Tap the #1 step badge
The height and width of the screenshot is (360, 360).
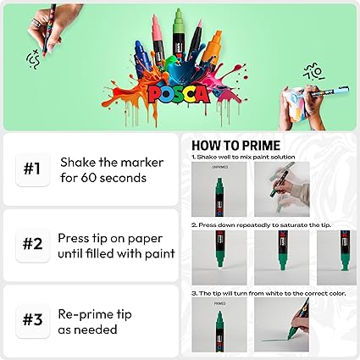click(x=31, y=169)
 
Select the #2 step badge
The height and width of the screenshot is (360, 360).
click(x=31, y=245)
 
